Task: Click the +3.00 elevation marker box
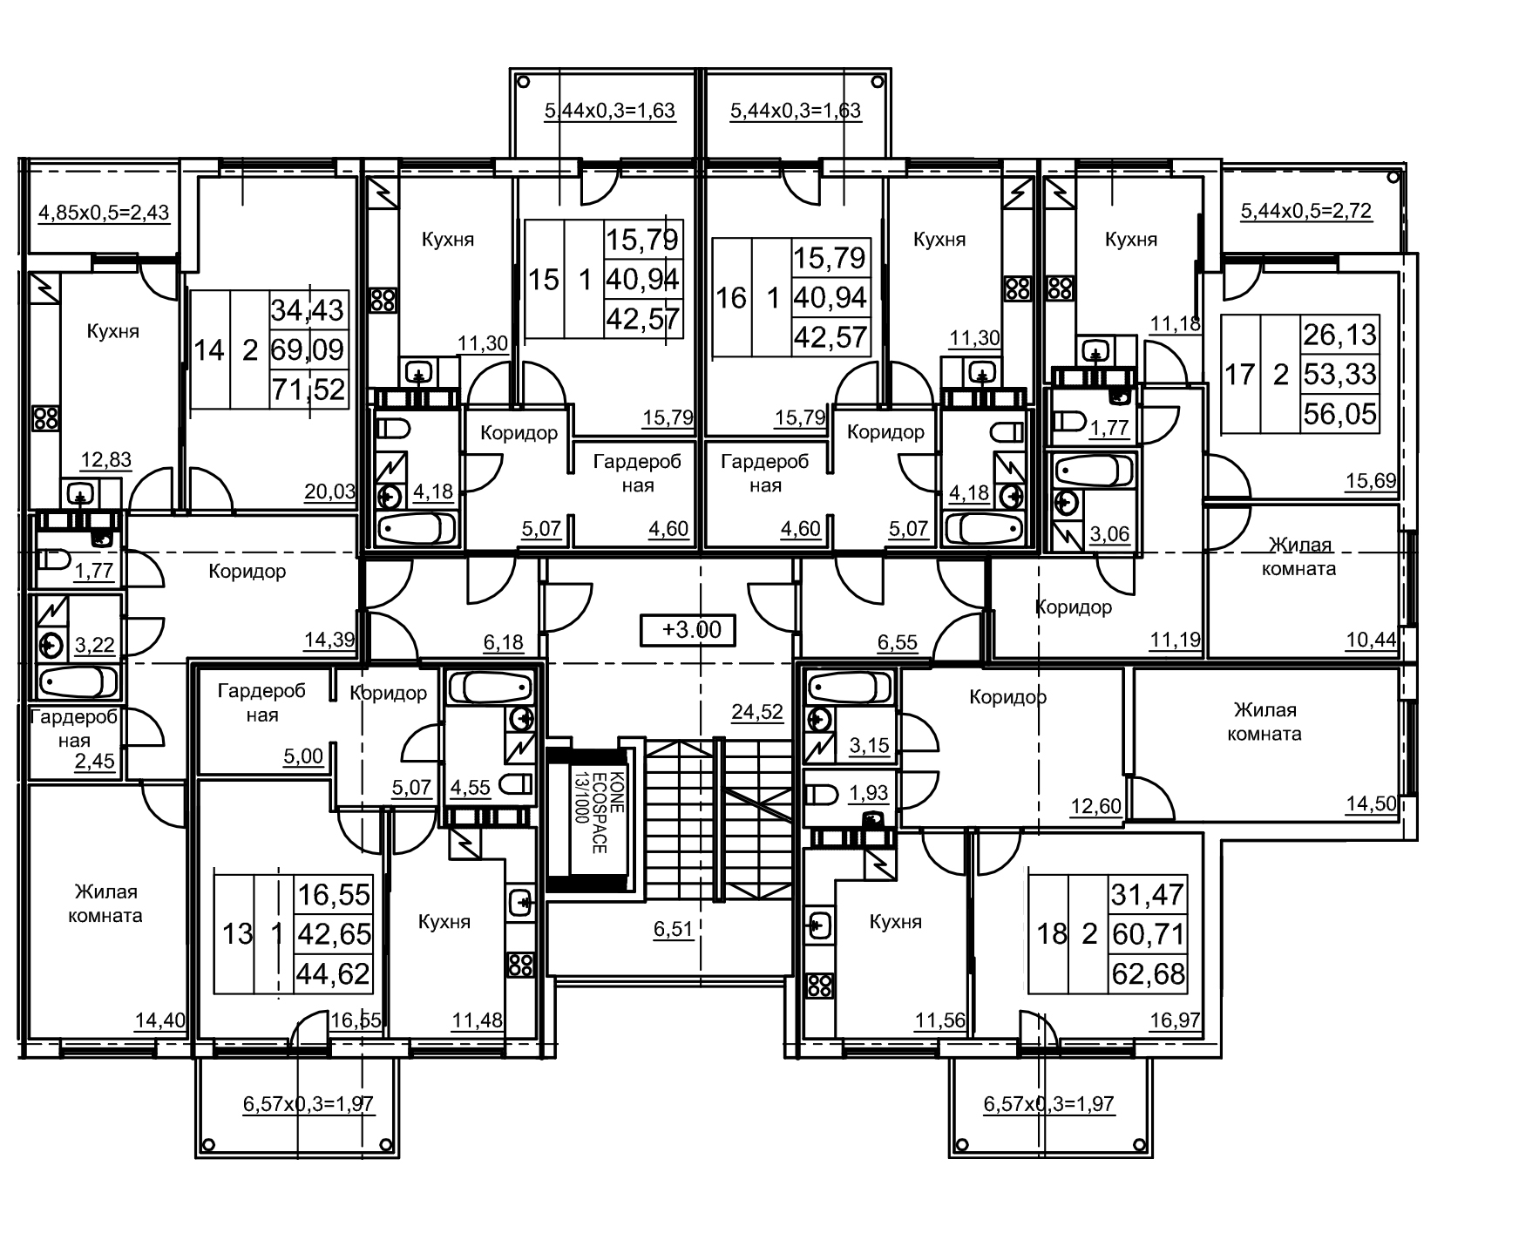688,630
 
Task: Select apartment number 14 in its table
209,350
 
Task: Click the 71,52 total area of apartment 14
308,389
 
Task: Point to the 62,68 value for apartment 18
1148,973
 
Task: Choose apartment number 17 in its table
1239,375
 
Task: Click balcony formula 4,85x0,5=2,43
104,213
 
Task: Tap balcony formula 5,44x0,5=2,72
1306,211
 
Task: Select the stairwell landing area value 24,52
756,712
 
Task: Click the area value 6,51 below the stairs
674,929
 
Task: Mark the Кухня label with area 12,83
112,331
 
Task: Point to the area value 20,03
329,491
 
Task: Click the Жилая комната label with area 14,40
107,904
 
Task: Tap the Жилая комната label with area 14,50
1264,722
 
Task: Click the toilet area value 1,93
868,793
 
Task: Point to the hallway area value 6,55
897,642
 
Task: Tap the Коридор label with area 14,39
247,572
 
